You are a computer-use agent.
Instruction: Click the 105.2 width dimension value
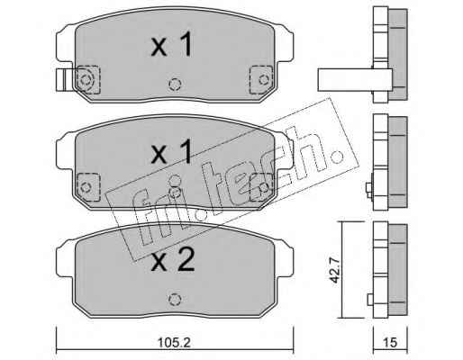click(175, 343)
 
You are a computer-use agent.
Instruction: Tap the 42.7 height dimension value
click(334, 270)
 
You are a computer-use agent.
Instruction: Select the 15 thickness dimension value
click(390, 343)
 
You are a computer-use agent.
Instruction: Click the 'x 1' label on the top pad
click(171, 45)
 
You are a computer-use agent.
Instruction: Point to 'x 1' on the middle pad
click(171, 152)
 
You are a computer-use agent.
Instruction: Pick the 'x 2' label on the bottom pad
click(173, 260)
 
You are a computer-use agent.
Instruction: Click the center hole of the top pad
click(175, 85)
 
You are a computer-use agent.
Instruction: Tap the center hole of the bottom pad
click(175, 300)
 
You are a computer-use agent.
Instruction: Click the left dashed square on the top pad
click(87, 80)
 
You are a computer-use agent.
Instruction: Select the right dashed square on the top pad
click(261, 80)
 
